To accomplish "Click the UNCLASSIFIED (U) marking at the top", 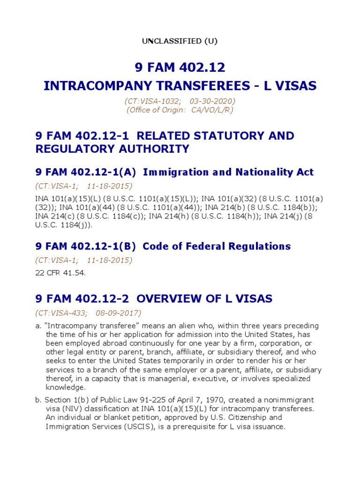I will (180, 41).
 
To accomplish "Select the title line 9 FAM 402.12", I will (180, 68).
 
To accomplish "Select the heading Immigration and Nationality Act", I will (228, 172).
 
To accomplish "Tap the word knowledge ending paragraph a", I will (66, 388).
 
